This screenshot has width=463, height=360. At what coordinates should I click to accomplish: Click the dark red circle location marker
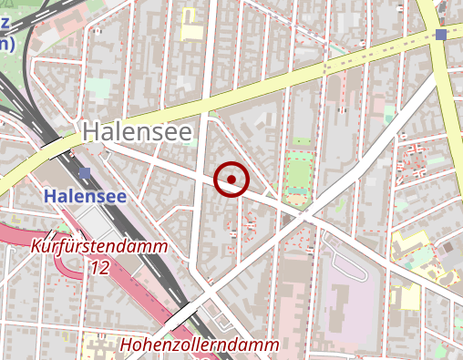point(231,179)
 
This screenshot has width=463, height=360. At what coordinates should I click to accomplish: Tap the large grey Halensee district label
point(138,132)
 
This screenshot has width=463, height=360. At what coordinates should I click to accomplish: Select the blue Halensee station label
point(85,195)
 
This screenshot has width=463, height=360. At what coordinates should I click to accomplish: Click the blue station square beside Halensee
point(85,172)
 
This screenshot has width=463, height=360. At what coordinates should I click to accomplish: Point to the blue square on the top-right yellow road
point(442,35)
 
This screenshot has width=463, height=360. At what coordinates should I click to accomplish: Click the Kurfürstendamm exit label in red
point(99,247)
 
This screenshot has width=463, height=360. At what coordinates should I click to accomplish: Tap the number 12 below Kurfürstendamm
point(100,267)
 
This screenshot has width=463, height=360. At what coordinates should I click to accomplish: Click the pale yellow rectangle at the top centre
point(192,31)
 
